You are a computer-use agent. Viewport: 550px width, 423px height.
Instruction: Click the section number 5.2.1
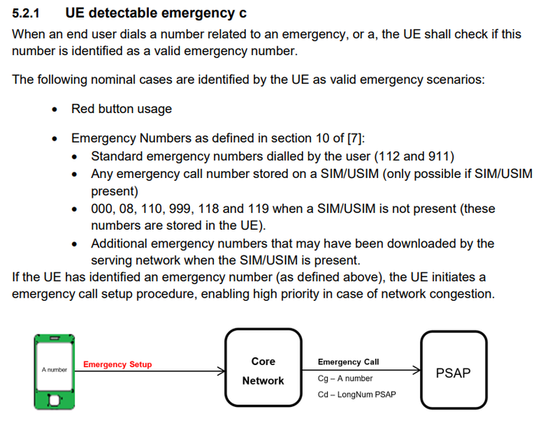pyautogui.click(x=26, y=13)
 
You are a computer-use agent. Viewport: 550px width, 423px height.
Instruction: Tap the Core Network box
pyautogui.click(x=263, y=367)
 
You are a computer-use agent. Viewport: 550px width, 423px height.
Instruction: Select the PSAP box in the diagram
pyautogui.click(x=454, y=370)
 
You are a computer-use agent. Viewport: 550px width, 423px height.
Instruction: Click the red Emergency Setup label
pyautogui.click(x=118, y=364)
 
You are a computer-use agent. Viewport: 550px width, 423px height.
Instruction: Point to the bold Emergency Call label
pyautogui.click(x=348, y=362)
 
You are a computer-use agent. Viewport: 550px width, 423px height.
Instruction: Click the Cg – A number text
pyautogui.click(x=345, y=379)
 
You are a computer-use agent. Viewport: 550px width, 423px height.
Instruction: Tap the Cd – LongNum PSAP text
pyautogui.click(x=357, y=395)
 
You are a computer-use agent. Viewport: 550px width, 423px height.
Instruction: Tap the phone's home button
pyautogui.click(x=54, y=400)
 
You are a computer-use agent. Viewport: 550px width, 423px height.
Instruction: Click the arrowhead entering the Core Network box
pyautogui.click(x=222, y=371)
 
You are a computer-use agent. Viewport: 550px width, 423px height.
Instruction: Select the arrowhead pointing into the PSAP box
pyautogui.click(x=417, y=370)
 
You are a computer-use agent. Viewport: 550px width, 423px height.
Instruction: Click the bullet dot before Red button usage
pyautogui.click(x=54, y=110)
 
